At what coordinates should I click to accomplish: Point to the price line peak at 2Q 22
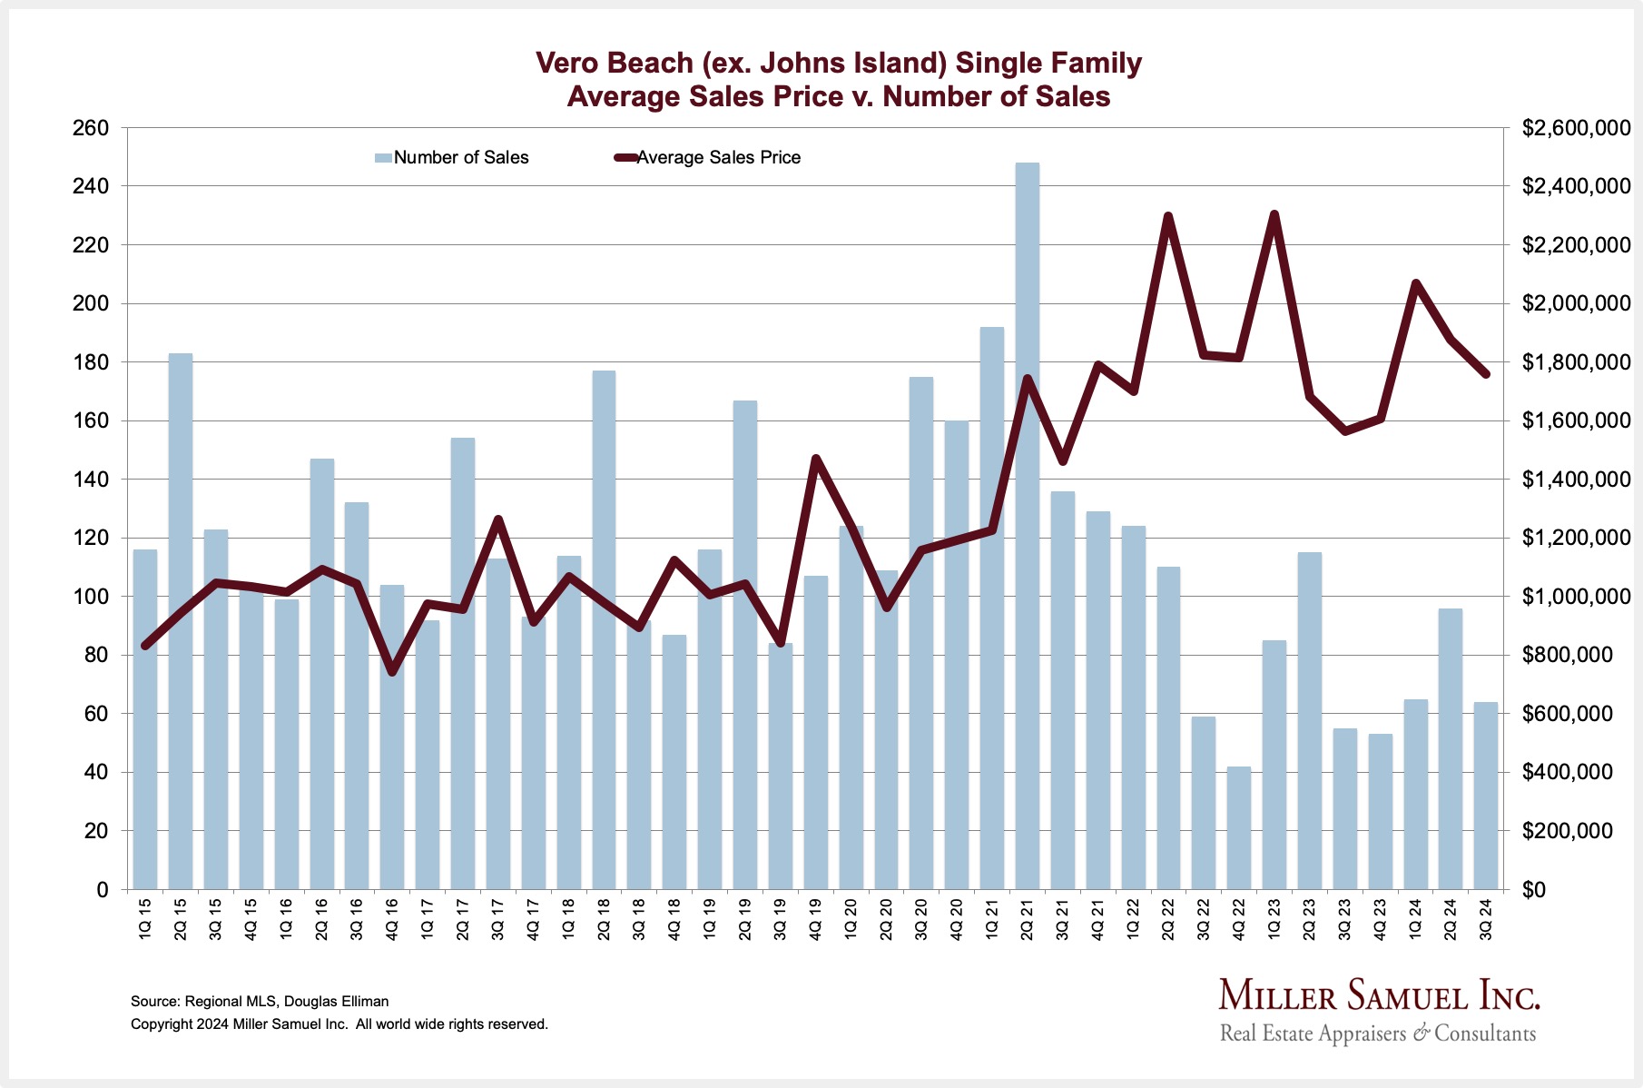(x=1168, y=216)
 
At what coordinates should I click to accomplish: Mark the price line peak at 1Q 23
(x=1274, y=214)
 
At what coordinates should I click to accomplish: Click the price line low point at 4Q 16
(x=392, y=672)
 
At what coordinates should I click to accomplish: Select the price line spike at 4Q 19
(x=815, y=459)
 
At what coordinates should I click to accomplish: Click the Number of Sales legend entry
(x=452, y=158)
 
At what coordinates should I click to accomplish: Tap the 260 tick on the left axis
(x=91, y=128)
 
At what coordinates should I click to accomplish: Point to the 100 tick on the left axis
(x=91, y=597)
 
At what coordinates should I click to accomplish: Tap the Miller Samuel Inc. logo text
(x=1379, y=996)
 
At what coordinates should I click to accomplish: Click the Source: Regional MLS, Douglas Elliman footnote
(x=260, y=1001)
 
